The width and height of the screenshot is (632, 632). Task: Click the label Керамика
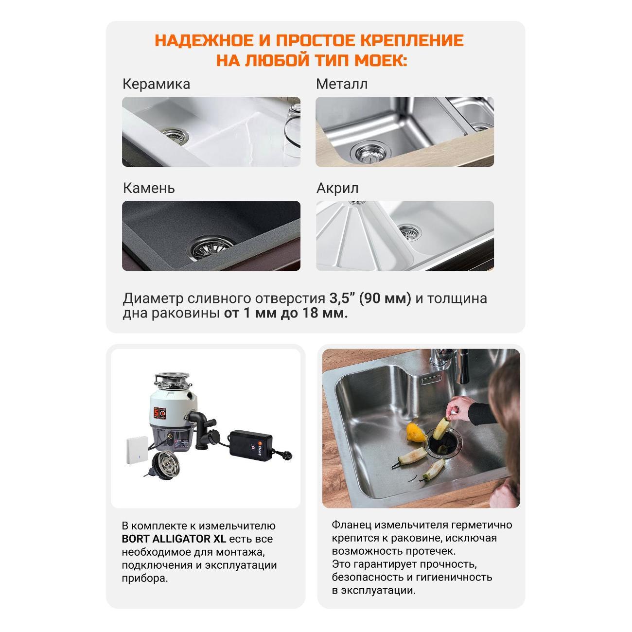pos(156,84)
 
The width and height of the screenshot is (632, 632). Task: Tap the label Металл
pos(342,84)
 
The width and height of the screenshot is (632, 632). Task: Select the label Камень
pos(149,188)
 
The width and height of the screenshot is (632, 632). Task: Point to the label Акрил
pos(337,188)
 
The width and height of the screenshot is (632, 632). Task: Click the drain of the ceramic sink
pos(176,135)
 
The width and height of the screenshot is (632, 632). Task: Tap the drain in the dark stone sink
pos(212,246)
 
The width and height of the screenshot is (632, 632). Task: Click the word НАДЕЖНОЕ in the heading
pos(203,40)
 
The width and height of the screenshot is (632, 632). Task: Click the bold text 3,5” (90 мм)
pos(370,298)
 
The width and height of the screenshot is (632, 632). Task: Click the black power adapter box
pos(251,444)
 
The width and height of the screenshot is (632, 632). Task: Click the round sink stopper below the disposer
pos(163,462)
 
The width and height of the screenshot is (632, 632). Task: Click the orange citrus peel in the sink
pos(416,431)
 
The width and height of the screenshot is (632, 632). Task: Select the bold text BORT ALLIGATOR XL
pos(174,539)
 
